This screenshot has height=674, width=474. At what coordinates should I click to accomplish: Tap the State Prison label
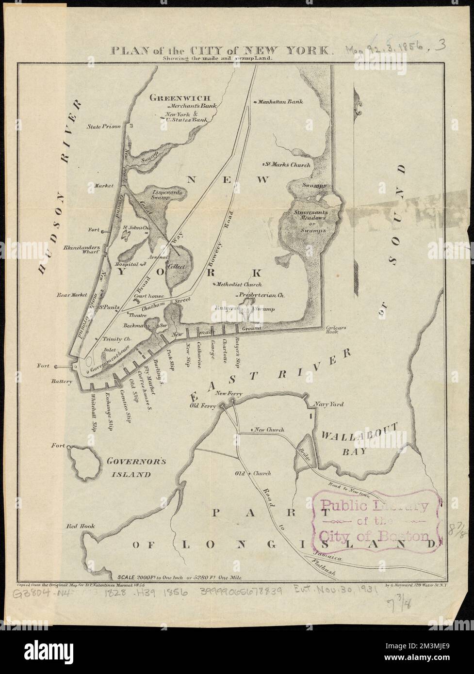click(x=103, y=127)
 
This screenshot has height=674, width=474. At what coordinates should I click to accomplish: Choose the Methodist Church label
click(x=239, y=285)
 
